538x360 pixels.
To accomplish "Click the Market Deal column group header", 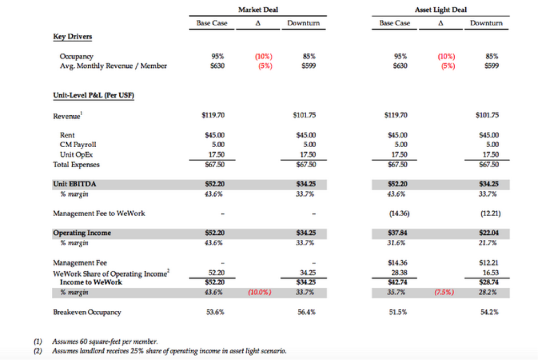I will point(258,9).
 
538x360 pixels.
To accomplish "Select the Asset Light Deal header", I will point(440,9).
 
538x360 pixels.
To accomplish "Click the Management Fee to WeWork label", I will point(99,213).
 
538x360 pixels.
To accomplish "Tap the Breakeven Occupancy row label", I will point(87,312).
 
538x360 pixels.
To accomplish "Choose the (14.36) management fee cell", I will point(395,213).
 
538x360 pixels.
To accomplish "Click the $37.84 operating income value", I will point(395,233).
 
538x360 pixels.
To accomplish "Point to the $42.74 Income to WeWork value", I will point(395,282).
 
